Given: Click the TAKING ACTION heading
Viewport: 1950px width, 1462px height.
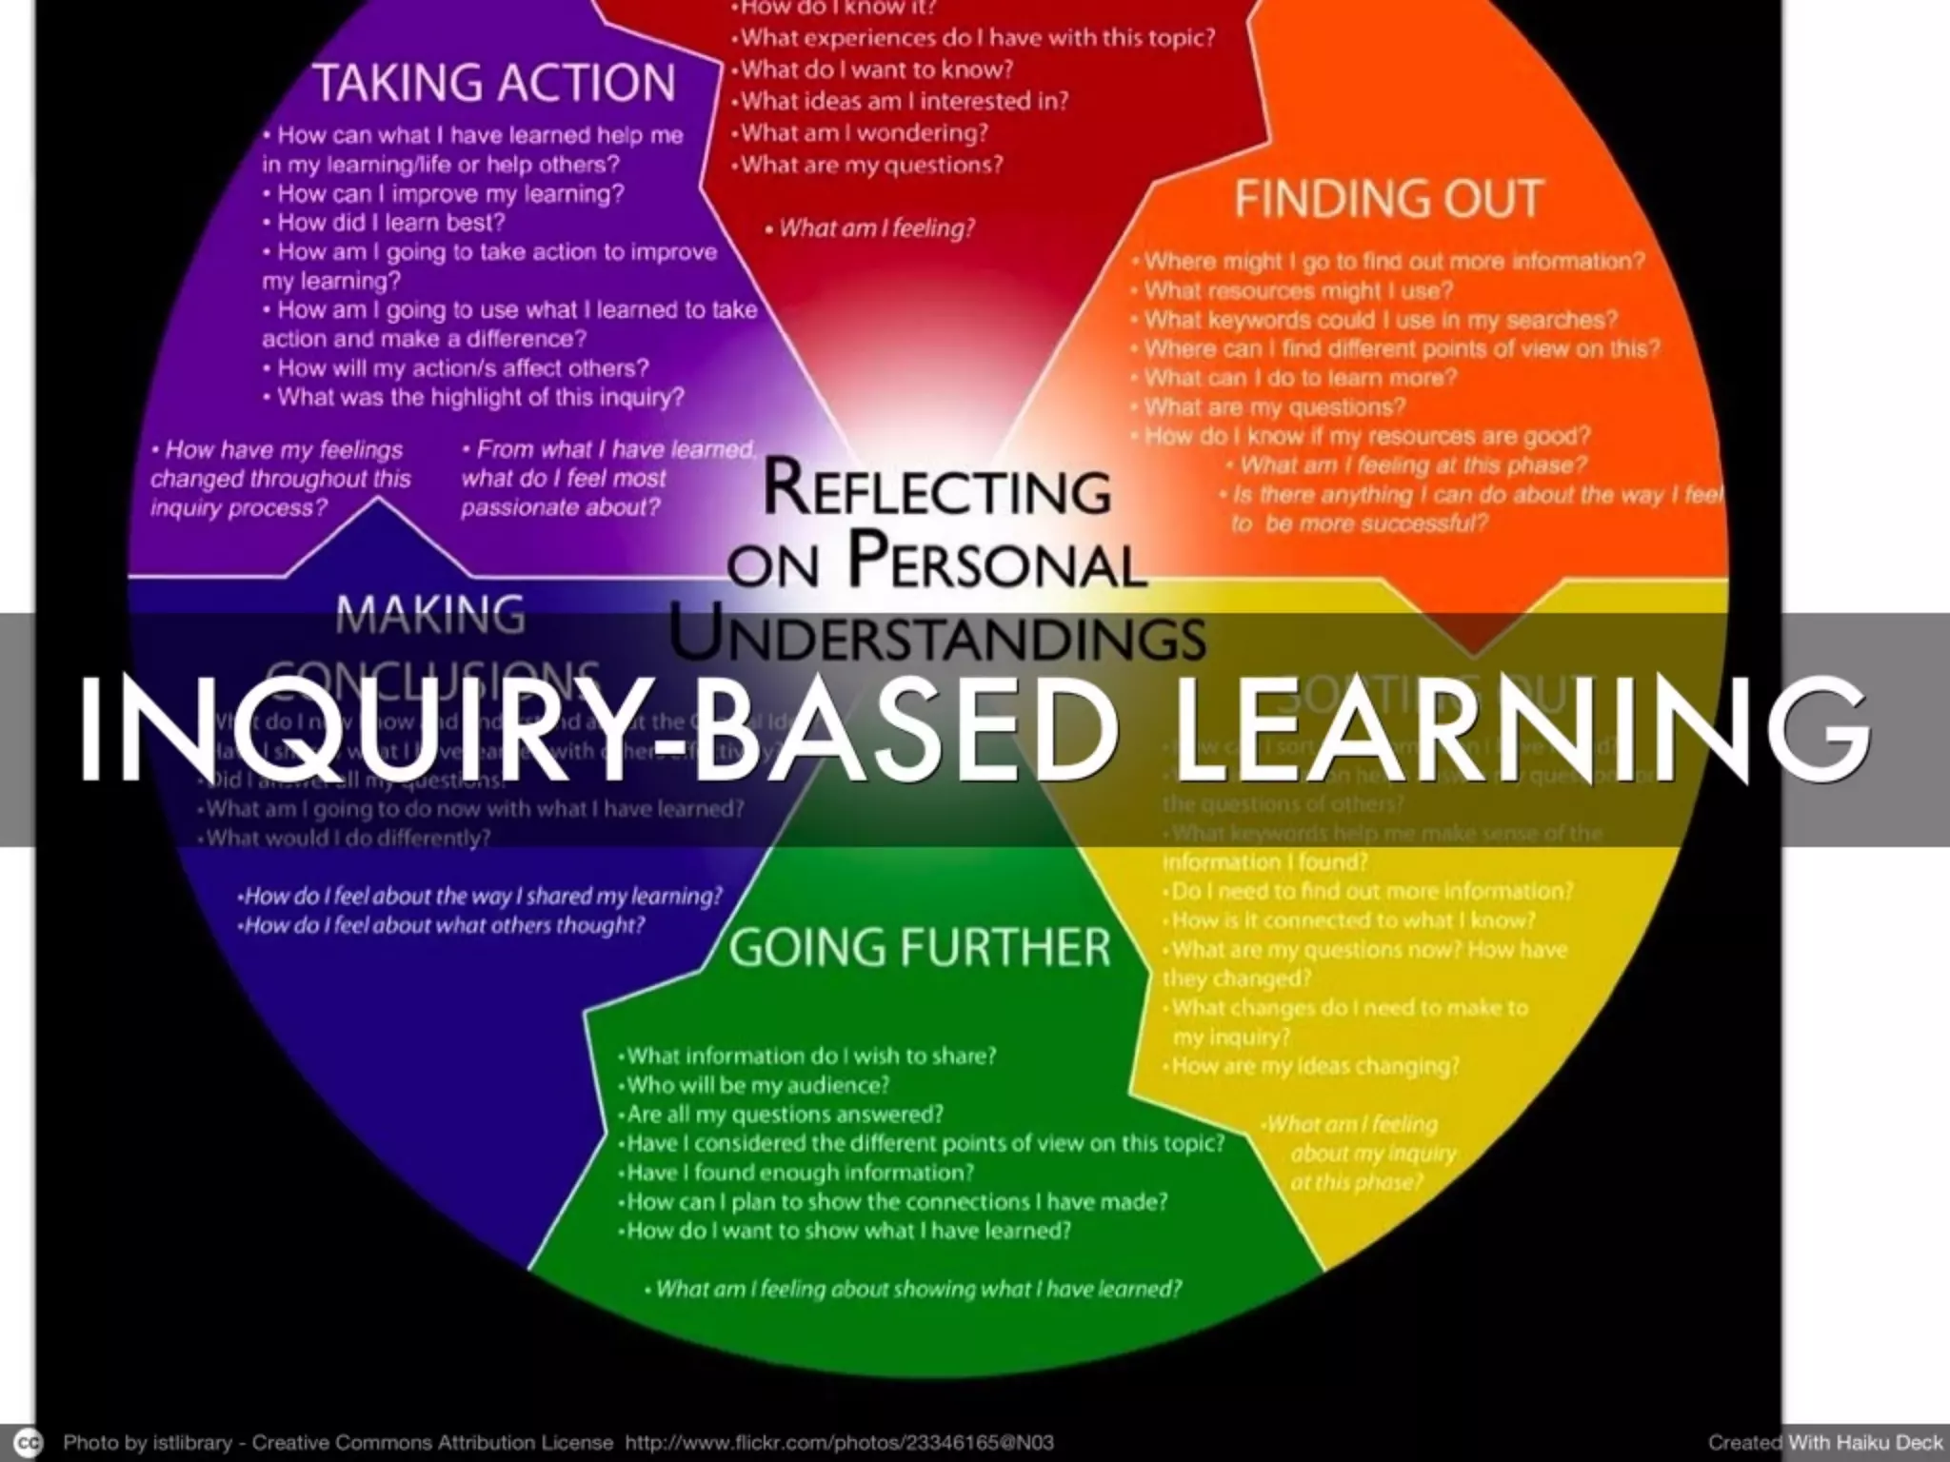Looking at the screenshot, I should coord(494,83).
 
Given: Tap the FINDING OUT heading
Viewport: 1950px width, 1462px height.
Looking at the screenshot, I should coord(1388,199).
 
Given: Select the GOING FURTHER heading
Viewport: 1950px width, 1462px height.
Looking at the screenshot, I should coord(920,947).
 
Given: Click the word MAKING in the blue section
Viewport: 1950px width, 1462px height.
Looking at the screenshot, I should coord(430,615).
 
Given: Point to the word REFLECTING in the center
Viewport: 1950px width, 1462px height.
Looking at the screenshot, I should coord(937,489).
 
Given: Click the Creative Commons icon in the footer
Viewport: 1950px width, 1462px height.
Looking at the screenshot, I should coord(30,1441).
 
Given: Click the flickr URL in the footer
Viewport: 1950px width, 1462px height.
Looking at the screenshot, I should coord(839,1442).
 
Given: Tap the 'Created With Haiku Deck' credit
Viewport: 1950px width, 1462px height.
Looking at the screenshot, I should coord(1824,1442).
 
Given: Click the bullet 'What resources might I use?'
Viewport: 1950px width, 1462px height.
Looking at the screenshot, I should coord(1298,290).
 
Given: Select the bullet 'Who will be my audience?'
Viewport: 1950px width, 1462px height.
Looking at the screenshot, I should coord(757,1085).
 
